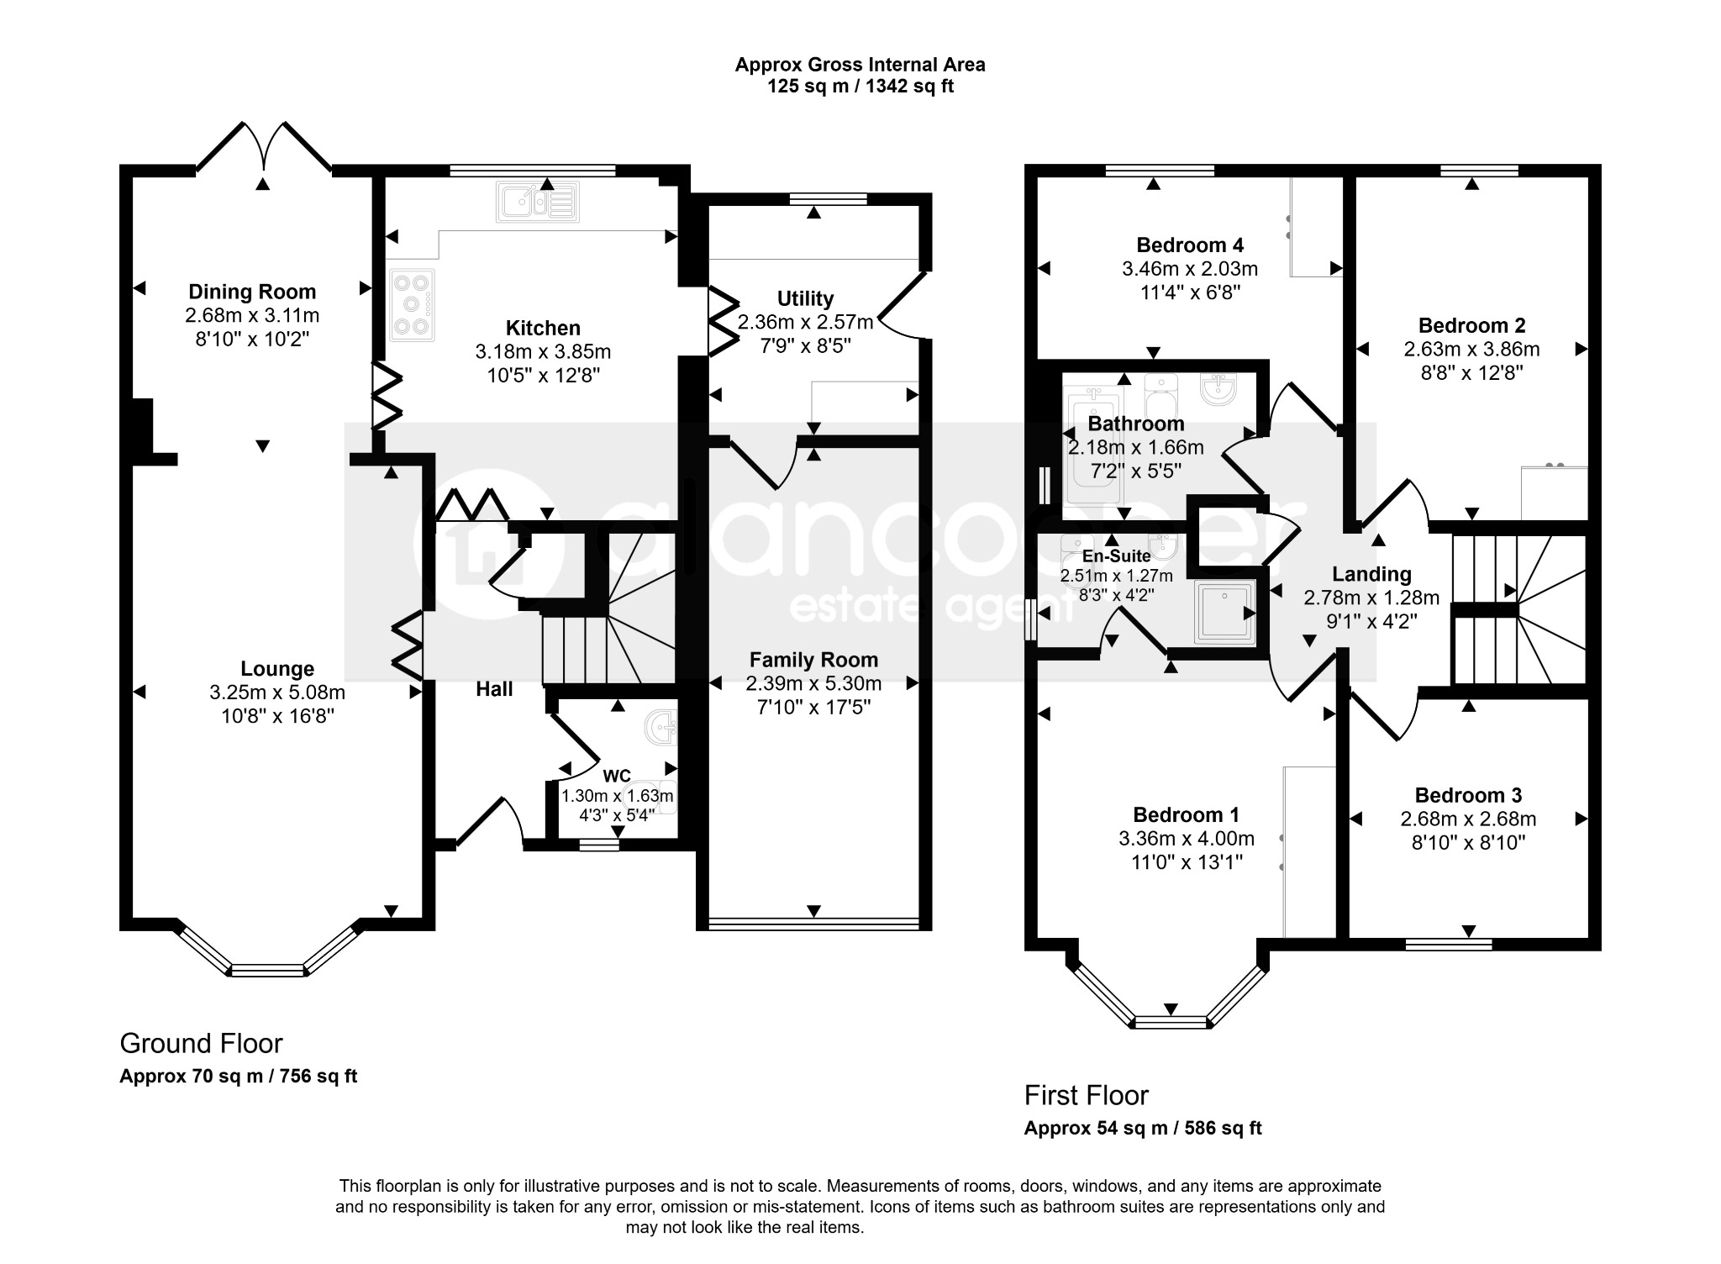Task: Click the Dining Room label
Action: tap(252, 292)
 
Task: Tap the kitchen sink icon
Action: tap(538, 203)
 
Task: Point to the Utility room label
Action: tap(805, 298)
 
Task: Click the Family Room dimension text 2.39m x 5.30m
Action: tap(813, 683)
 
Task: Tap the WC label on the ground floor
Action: tap(617, 775)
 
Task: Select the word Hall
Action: tap(494, 689)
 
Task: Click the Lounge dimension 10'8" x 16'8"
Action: tap(277, 716)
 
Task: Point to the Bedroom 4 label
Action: tap(1190, 245)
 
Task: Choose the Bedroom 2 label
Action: tap(1471, 325)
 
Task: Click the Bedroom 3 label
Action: tap(1468, 795)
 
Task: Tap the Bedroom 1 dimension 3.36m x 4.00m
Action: tap(1187, 838)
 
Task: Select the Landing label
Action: tap(1371, 574)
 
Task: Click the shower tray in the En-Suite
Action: tap(1224, 610)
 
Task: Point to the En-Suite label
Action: tap(1116, 556)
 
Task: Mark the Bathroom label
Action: tap(1136, 424)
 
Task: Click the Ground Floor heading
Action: tap(201, 1043)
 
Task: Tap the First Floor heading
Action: tap(1086, 1095)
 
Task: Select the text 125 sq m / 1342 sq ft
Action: tap(860, 86)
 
